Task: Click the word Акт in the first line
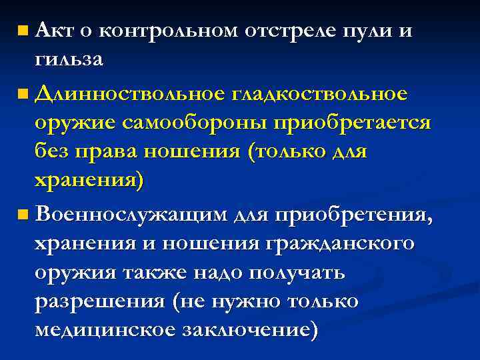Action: click(x=54, y=29)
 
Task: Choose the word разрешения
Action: click(x=99, y=302)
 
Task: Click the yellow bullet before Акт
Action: click(x=23, y=31)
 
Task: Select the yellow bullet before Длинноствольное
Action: click(x=23, y=95)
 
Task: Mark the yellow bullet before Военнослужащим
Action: click(x=23, y=215)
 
